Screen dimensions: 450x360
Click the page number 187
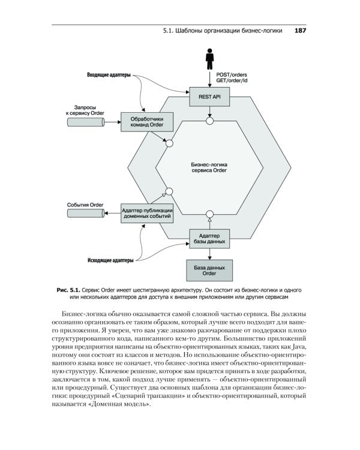click(301, 32)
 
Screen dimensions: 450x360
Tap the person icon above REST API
click(210, 60)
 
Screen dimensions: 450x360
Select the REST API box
click(210, 96)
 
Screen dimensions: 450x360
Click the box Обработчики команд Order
click(147, 122)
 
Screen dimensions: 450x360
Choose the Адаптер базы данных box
click(209, 238)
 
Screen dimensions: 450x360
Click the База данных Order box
click(209, 270)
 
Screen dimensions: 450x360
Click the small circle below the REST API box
click(210, 121)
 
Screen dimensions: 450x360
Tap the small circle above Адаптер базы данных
click(210, 214)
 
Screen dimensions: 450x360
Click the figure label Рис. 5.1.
click(68, 290)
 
